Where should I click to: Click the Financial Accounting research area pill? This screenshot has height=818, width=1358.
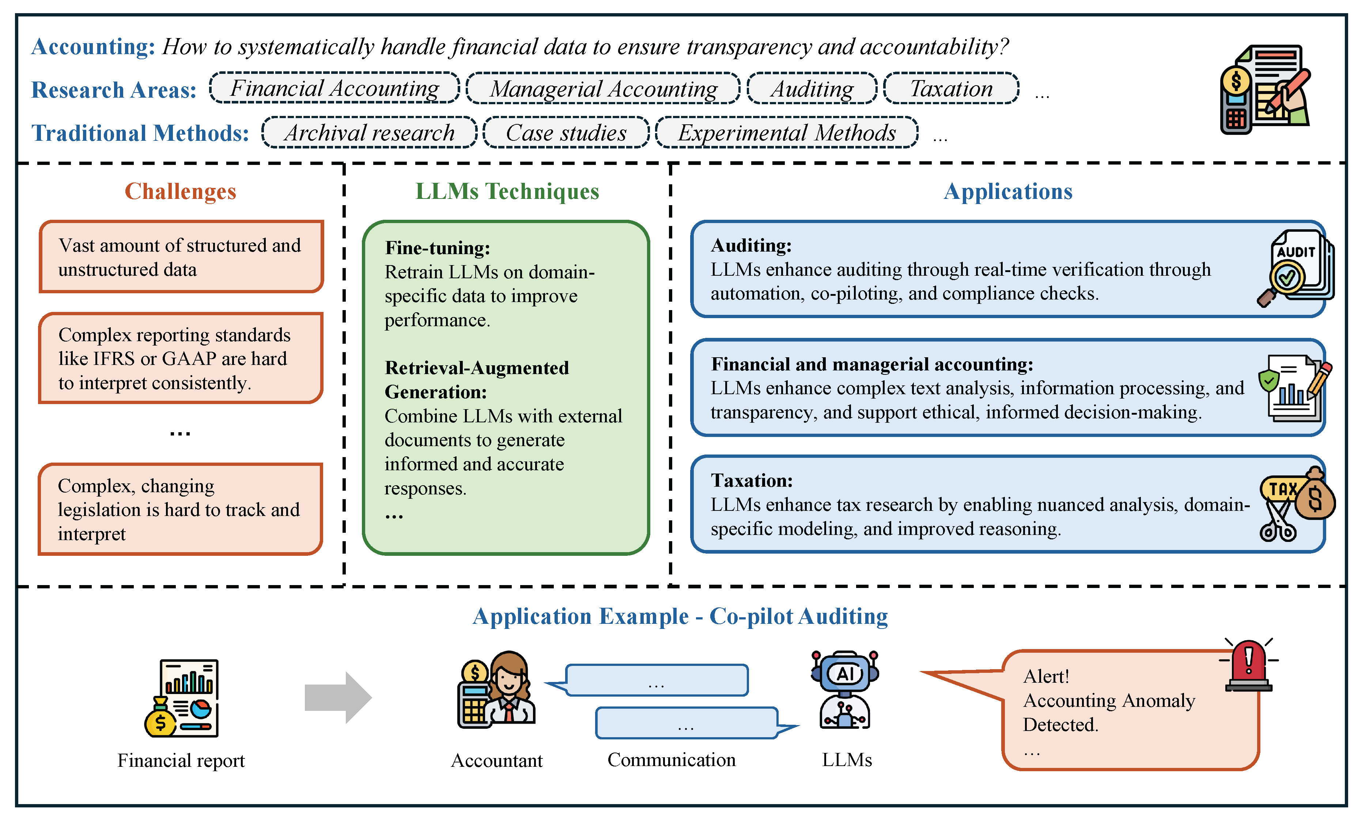[x=334, y=88]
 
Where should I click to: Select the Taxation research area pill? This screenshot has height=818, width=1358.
[x=950, y=88]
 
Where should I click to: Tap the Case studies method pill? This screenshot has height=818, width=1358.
[x=566, y=132]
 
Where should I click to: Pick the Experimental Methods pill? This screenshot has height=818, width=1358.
[x=786, y=132]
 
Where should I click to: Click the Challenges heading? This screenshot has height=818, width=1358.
[x=180, y=191]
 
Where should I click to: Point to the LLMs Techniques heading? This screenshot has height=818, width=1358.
[x=507, y=191]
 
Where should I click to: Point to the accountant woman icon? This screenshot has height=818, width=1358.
[x=497, y=689]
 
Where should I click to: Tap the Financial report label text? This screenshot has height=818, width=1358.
[x=181, y=760]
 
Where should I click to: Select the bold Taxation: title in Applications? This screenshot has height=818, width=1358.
[x=752, y=480]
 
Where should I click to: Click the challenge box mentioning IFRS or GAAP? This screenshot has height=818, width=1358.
[x=180, y=358]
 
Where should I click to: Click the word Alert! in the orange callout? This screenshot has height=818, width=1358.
[x=1045, y=676]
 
